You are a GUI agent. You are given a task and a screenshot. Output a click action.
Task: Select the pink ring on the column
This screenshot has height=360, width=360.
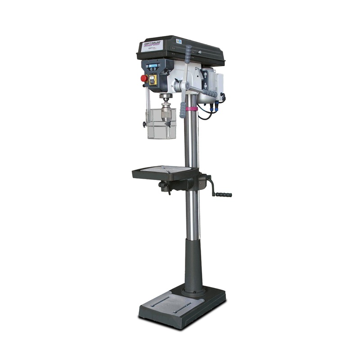pyautogui.click(x=192, y=108)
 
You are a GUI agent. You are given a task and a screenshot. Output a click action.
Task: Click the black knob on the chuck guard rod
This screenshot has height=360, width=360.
pyautogui.click(x=145, y=124)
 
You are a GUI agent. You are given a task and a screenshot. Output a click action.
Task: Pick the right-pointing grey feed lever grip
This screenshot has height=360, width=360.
pyautogui.click(x=211, y=93)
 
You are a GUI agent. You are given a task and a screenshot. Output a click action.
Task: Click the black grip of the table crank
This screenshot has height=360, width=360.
pyautogui.click(x=224, y=194)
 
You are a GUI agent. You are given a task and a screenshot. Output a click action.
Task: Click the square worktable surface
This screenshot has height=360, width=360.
pyautogui.click(x=164, y=171)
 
